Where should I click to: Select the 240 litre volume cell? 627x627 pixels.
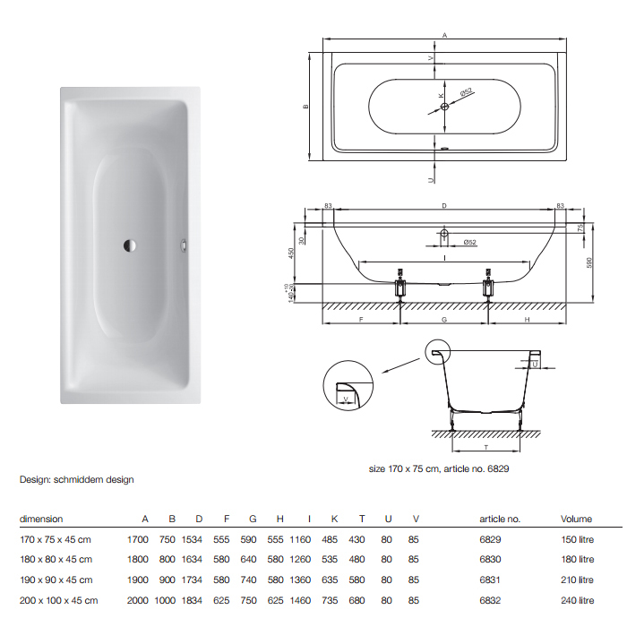pyautogui.click(x=577, y=601)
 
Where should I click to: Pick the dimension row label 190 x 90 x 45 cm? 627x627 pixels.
pyautogui.click(x=58, y=580)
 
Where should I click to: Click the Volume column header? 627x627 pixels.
pyautogui.click(x=577, y=519)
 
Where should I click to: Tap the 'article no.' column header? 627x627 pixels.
pyautogui.click(x=500, y=519)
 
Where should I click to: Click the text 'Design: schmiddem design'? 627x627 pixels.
pyautogui.click(x=77, y=479)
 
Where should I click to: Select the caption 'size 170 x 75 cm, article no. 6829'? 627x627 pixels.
pyautogui.click(x=439, y=468)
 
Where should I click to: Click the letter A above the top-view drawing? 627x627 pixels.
pyautogui.click(x=444, y=34)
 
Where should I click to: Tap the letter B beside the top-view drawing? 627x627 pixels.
pyautogui.click(x=305, y=107)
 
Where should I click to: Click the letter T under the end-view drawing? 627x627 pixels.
pyautogui.click(x=484, y=446)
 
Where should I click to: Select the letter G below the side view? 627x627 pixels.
pyautogui.click(x=444, y=318)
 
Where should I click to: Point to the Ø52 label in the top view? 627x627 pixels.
pyautogui.click(x=466, y=92)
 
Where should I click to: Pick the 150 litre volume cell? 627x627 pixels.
pyautogui.click(x=577, y=540)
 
